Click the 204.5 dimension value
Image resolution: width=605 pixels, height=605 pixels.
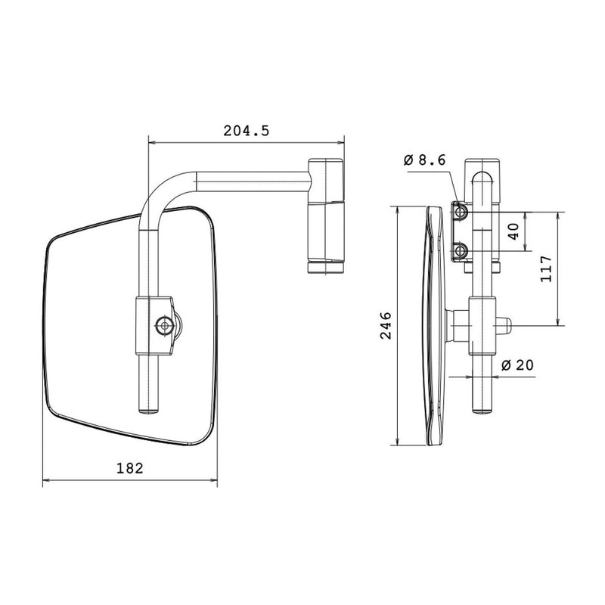point(246,130)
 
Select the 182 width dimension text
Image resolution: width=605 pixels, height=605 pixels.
point(130,468)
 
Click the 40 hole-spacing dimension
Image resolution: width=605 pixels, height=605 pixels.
point(514,231)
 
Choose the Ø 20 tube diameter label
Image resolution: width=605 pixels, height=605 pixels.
point(517,365)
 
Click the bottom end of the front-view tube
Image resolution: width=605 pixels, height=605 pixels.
point(149,408)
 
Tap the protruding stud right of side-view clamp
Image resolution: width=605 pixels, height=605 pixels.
point(505,326)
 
